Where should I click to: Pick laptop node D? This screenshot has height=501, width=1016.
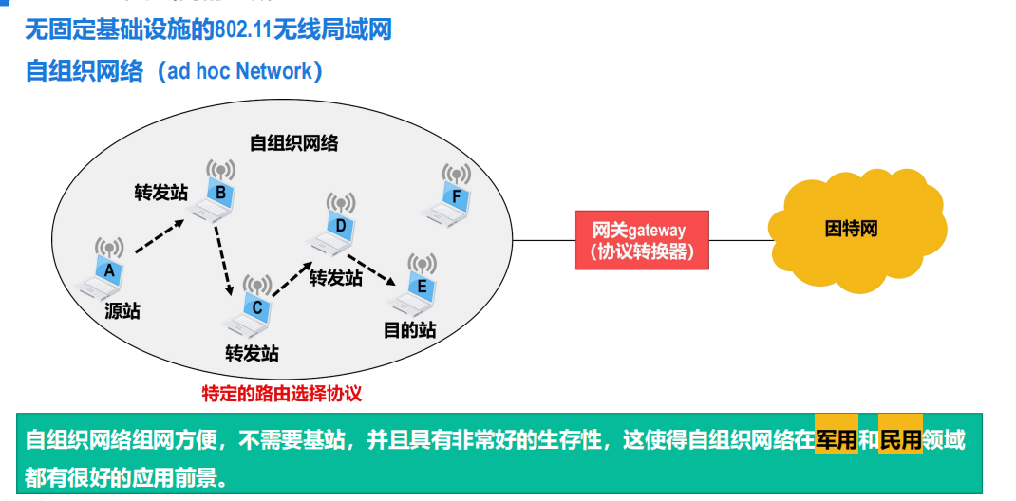[x=340, y=226]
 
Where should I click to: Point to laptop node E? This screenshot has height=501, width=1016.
[x=421, y=286]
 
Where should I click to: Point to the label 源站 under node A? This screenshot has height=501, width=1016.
[x=122, y=310]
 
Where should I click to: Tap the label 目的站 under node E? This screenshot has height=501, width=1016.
[x=409, y=330]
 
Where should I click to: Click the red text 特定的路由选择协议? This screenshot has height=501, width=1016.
[x=282, y=392]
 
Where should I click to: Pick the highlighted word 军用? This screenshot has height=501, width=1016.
[x=837, y=439]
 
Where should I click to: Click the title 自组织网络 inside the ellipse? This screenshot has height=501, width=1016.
[x=293, y=143]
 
